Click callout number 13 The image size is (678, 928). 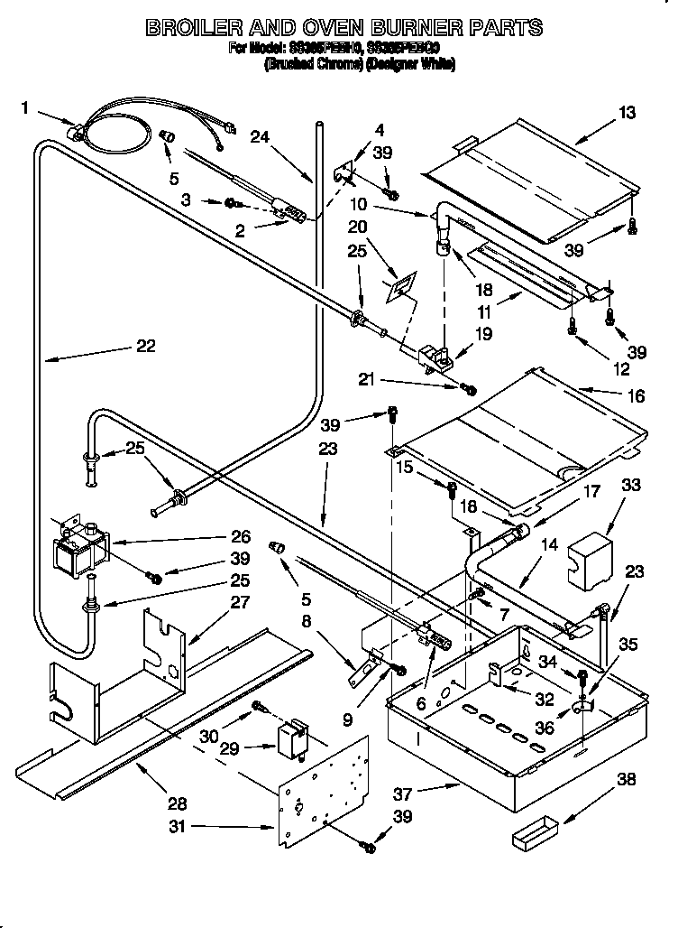(627, 113)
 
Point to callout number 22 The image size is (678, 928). (145, 345)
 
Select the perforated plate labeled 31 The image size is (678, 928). (325, 787)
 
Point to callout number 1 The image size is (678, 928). (25, 108)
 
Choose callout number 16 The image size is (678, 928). (627, 394)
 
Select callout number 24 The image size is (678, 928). (260, 137)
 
